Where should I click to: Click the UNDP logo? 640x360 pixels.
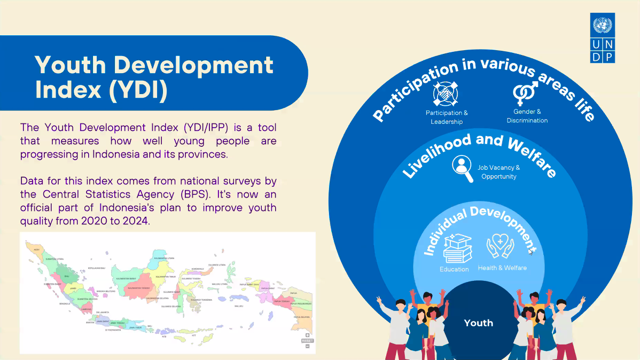pyautogui.click(x=603, y=39)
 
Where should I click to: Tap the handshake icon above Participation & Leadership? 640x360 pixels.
pyautogui.click(x=446, y=94)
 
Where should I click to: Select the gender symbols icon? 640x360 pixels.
pyautogui.click(x=526, y=93)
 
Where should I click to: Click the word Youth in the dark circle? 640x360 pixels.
pyautogui.click(x=479, y=323)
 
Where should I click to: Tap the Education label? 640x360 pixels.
pyautogui.click(x=454, y=269)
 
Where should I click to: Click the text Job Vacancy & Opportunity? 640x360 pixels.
pyautogui.click(x=498, y=172)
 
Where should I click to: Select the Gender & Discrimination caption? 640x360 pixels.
pyautogui.click(x=527, y=116)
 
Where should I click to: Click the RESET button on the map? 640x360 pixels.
pyautogui.click(x=307, y=340)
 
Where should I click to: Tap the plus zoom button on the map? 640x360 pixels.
pyautogui.click(x=307, y=335)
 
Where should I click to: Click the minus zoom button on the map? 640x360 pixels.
pyautogui.click(x=307, y=346)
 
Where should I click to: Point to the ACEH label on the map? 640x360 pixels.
pyautogui.click(x=36, y=249)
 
